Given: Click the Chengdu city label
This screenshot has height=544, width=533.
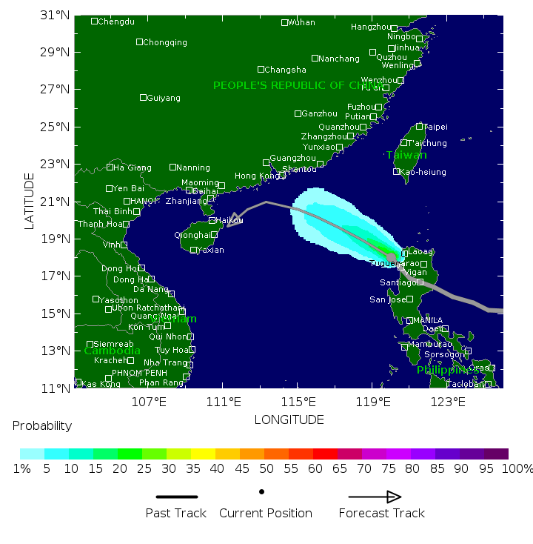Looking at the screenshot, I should [117, 21].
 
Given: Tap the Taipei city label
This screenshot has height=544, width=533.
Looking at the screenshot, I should [435, 127].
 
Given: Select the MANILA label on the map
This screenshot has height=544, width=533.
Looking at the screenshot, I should [427, 320].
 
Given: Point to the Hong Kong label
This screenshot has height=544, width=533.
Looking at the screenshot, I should [254, 176].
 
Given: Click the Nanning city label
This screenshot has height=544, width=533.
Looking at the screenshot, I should [193, 167].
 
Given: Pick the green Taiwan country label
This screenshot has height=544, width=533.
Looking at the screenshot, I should [406, 155].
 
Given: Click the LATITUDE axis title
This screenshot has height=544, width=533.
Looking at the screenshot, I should [30, 201].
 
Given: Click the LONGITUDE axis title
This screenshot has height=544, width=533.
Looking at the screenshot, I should [289, 419].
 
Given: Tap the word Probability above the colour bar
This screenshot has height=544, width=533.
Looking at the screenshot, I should [42, 425].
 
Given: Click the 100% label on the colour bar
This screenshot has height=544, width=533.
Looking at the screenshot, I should [517, 468].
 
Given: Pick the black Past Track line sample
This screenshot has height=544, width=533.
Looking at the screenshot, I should [176, 497].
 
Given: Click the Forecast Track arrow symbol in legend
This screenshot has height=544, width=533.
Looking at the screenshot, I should [375, 497].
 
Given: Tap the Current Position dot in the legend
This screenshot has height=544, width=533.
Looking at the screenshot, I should [261, 491].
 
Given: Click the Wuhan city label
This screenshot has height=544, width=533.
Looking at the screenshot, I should [301, 22].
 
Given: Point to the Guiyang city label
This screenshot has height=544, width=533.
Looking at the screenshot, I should [163, 98].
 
